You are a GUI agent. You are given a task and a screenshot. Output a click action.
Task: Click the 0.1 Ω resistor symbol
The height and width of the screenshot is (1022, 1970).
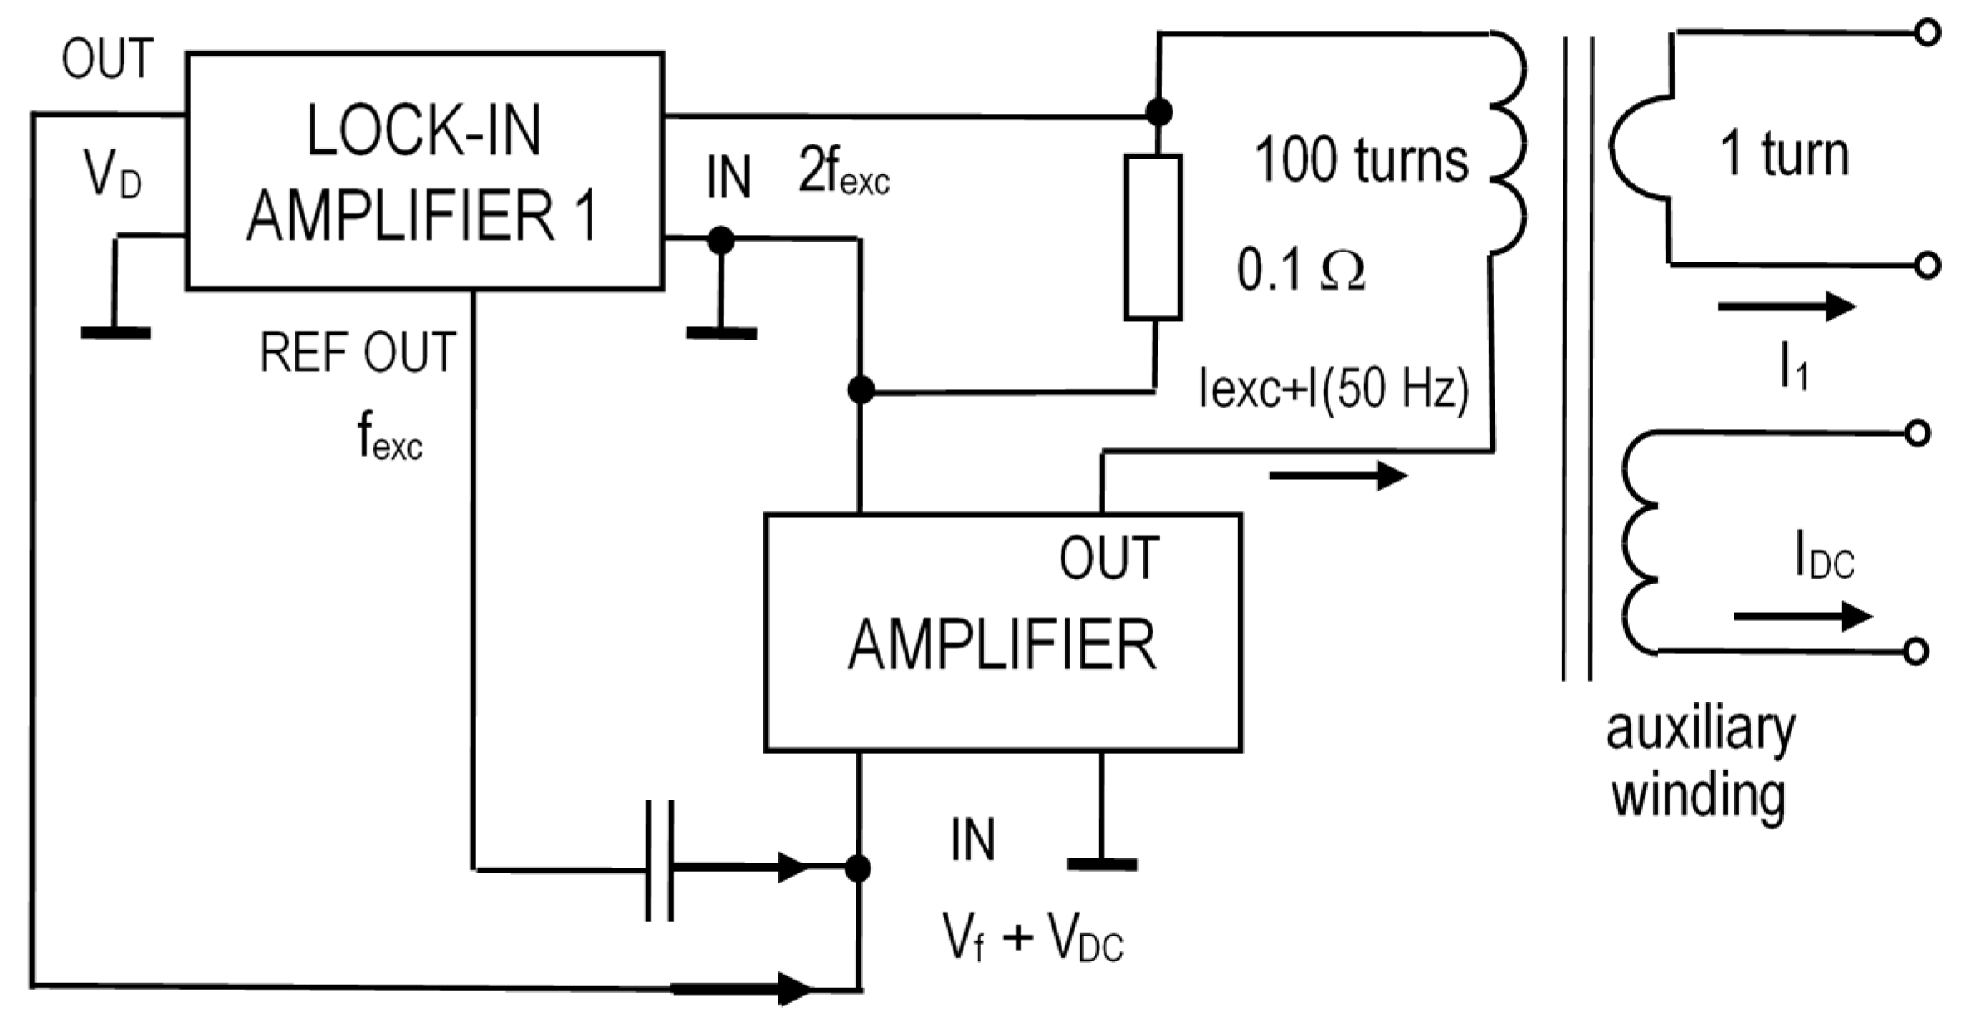[x=1153, y=237]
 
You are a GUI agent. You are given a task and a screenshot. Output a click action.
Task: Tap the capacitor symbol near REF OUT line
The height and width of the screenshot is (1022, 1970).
[x=660, y=861]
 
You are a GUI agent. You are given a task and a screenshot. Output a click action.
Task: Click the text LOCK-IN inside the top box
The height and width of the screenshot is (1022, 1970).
[x=424, y=130]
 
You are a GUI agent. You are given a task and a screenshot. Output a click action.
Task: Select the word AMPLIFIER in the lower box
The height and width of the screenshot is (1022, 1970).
[x=1002, y=646]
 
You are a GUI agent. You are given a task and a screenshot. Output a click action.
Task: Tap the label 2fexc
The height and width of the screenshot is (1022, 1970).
[x=843, y=172]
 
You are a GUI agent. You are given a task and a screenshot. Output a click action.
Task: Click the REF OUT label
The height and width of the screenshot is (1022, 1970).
[x=358, y=352]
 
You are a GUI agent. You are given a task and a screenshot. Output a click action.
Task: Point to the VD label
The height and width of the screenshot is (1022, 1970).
[x=112, y=175]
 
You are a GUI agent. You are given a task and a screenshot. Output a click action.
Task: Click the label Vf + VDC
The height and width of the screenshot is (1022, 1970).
[x=1032, y=937]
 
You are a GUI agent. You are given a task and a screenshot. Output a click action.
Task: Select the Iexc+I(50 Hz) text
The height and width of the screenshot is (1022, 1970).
[x=1334, y=388]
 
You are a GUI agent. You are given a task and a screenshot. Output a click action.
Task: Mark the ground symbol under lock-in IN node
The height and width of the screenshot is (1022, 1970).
[x=721, y=333]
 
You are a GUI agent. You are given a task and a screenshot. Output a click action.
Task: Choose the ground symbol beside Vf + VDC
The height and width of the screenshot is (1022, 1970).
[x=1101, y=864]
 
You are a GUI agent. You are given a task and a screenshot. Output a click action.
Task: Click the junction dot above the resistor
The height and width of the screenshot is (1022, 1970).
[x=1158, y=111]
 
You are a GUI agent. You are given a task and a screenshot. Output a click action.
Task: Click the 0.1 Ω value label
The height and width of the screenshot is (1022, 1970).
[x=1300, y=269]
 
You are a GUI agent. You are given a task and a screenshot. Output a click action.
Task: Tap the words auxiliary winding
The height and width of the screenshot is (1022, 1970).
[x=1699, y=762]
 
